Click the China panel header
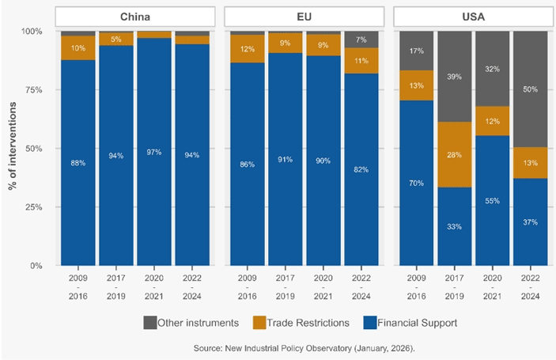(135, 16)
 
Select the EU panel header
(304, 16)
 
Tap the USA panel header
(473, 16)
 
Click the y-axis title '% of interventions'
(13, 149)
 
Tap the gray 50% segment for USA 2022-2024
(530, 89)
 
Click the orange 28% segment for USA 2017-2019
(454, 154)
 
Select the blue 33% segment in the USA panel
(454, 226)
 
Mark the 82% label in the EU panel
(361, 169)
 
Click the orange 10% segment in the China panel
(78, 48)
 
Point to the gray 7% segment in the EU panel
(361, 40)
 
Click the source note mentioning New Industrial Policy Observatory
(305, 347)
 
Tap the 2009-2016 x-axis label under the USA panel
(416, 286)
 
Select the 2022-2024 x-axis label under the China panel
(192, 286)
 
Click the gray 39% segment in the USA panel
(454, 76)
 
